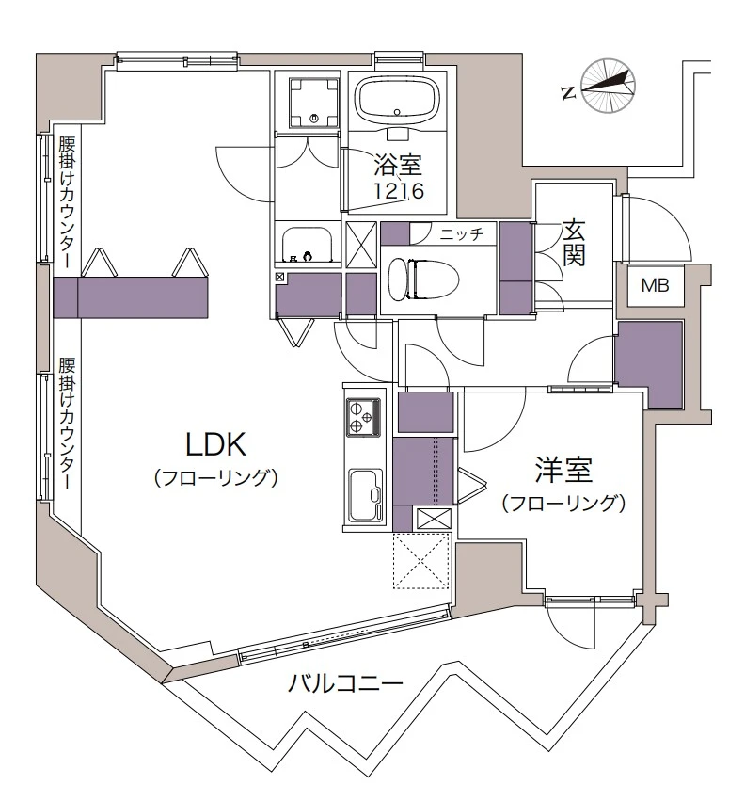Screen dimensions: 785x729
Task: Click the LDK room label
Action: (214, 442)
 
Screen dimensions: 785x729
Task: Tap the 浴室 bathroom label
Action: (398, 168)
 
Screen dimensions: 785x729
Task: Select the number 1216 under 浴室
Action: (398, 191)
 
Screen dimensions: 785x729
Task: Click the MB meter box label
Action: (655, 286)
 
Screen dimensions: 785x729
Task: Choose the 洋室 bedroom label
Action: (563, 469)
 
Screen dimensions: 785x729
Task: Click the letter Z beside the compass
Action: (567, 91)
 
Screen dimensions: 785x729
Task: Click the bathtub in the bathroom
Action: (397, 98)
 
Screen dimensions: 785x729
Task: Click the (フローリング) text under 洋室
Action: (563, 503)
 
